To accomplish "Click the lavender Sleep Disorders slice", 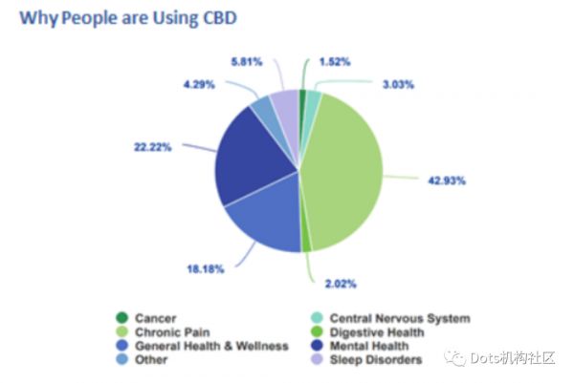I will (285, 109).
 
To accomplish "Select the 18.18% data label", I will (205, 269).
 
